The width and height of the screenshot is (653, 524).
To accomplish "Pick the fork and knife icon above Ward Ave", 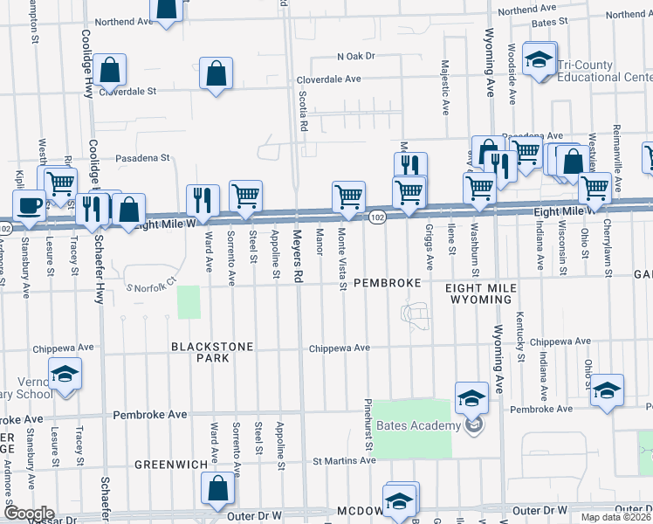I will tap(203, 200).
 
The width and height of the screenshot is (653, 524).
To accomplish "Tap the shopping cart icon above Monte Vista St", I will tap(348, 196).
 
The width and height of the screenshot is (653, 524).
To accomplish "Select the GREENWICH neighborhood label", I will tap(169, 465).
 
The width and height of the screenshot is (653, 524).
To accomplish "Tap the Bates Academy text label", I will tap(418, 426).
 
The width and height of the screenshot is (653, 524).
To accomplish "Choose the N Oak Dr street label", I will tap(355, 56).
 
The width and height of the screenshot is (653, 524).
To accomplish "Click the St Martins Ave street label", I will tap(343, 460).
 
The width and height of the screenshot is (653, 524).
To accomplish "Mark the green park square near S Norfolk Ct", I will tap(189, 302).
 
